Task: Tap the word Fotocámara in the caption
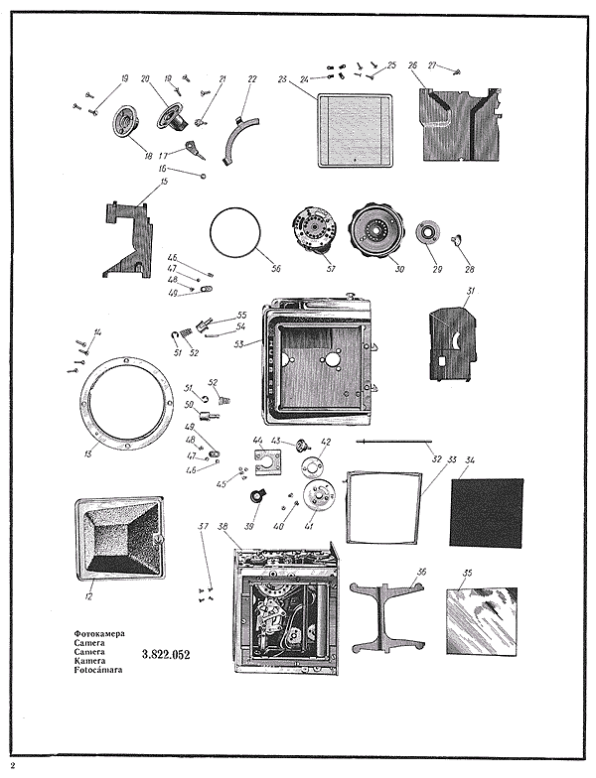pos(97,670)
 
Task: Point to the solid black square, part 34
pos(487,512)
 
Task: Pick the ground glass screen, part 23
pos(354,130)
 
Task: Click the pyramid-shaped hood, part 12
pos(117,540)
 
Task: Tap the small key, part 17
pos(197,152)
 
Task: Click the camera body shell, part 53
pos(319,353)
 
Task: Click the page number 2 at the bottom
pos(13,765)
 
